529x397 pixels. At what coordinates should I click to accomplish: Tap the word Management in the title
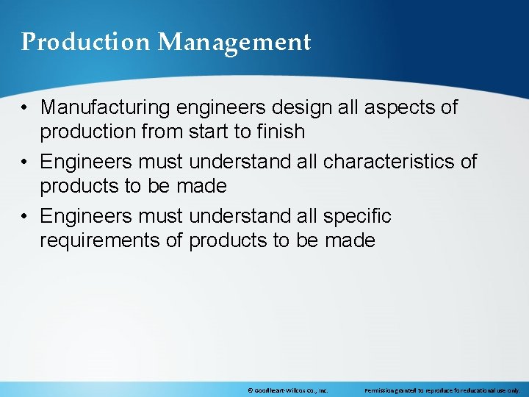234,43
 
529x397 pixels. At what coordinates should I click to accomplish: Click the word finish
281,132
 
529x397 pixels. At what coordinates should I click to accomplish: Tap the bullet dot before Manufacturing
25,108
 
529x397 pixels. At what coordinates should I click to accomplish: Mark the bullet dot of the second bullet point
25,162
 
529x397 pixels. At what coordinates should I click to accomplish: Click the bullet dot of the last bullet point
25,217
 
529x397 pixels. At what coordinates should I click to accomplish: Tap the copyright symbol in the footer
251,390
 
